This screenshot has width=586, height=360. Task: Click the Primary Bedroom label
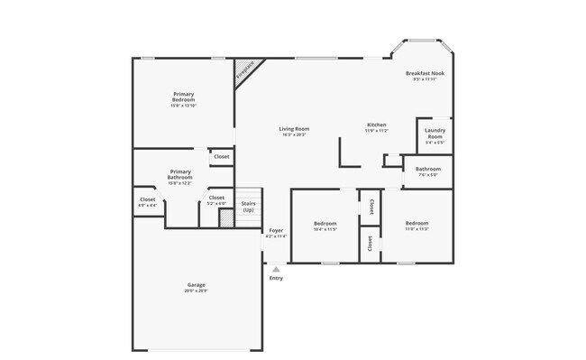pyautogui.click(x=183, y=97)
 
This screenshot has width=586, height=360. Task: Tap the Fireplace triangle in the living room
pyautogui.click(x=244, y=71)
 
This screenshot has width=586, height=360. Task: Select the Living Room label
pyautogui.click(x=294, y=129)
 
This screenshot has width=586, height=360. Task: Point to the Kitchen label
pyautogui.click(x=376, y=125)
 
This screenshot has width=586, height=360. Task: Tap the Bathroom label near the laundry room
pyautogui.click(x=427, y=169)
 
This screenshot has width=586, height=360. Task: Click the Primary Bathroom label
pyautogui.click(x=180, y=174)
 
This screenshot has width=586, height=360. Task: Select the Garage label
pyautogui.click(x=196, y=285)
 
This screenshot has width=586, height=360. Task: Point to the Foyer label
pyautogui.click(x=276, y=230)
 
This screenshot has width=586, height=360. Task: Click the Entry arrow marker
pyautogui.click(x=276, y=268)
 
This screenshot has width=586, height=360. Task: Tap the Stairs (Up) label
pyautogui.click(x=248, y=207)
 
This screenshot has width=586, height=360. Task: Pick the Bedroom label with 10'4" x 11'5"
pyautogui.click(x=325, y=223)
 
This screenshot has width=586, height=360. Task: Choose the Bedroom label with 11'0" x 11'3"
pyautogui.click(x=416, y=223)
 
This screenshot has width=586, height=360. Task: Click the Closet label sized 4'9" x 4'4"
pyautogui.click(x=147, y=199)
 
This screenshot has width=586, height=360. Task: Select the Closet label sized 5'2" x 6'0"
pyautogui.click(x=216, y=198)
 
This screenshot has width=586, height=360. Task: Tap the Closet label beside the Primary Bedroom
pyautogui.click(x=221, y=157)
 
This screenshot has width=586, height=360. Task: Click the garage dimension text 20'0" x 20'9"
pyautogui.click(x=196, y=291)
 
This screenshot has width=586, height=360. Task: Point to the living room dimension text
pyautogui.click(x=294, y=134)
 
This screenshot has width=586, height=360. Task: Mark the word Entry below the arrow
pyautogui.click(x=276, y=278)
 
